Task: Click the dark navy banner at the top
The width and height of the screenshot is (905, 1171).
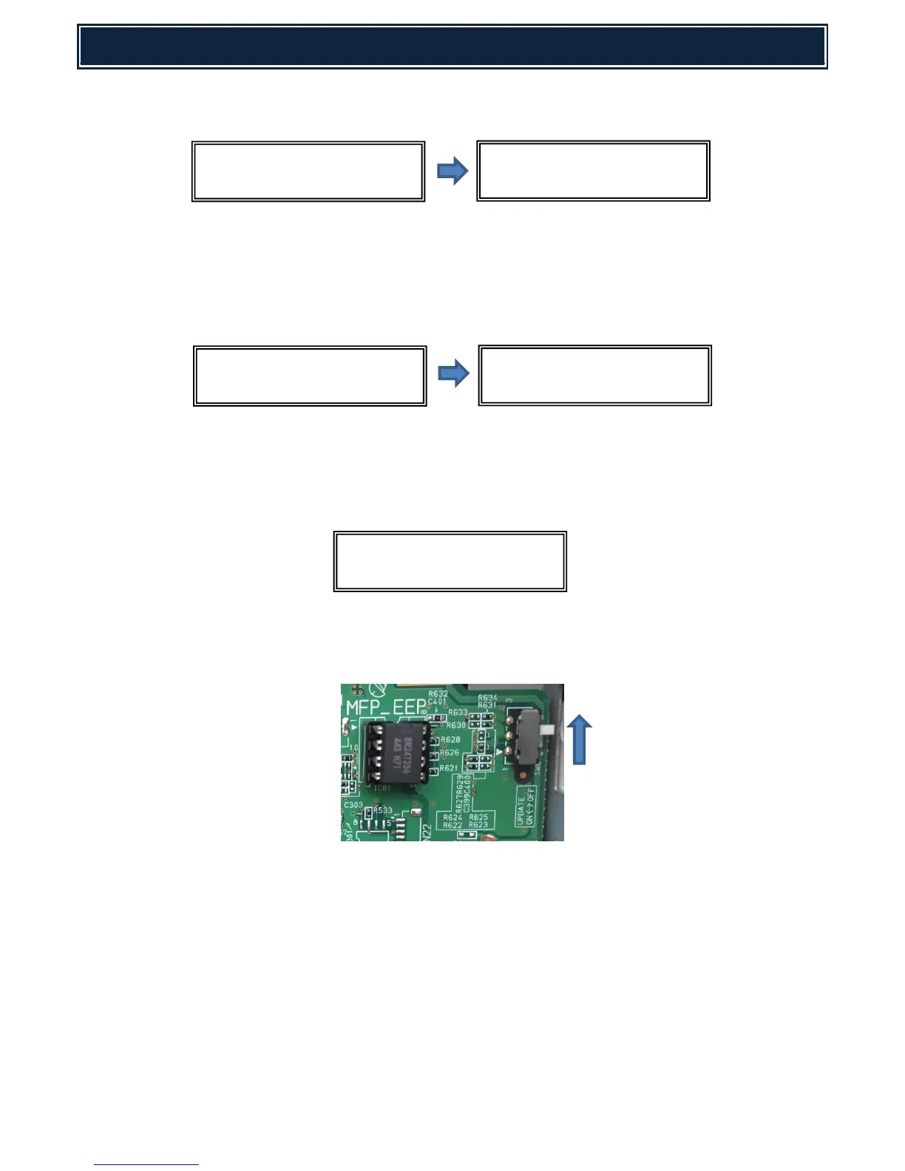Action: (x=452, y=47)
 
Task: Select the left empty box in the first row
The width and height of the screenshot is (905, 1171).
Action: (x=308, y=172)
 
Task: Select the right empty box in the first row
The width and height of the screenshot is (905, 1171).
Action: (x=593, y=172)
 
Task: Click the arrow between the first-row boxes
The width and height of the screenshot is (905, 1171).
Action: (x=452, y=172)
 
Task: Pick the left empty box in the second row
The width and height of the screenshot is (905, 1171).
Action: (x=310, y=376)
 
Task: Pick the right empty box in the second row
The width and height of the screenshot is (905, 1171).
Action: (x=594, y=376)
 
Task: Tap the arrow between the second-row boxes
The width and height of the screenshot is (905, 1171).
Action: (x=452, y=373)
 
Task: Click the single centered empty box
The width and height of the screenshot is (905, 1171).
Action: (x=450, y=561)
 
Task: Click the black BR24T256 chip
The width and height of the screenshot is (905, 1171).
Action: (x=396, y=753)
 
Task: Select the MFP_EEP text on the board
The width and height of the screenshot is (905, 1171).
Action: (x=385, y=709)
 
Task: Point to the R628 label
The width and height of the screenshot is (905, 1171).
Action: (x=450, y=739)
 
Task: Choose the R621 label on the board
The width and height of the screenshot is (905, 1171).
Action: (x=448, y=768)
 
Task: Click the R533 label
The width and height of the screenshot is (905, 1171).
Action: (x=382, y=810)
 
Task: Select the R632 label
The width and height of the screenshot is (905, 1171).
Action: (x=438, y=693)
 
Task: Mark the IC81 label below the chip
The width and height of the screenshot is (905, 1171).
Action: (x=382, y=788)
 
